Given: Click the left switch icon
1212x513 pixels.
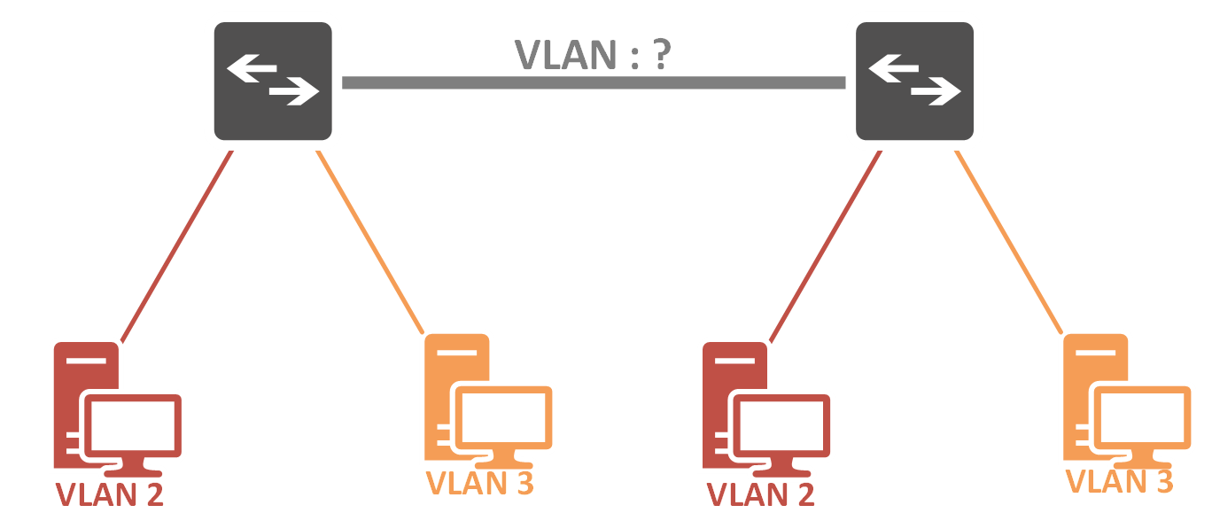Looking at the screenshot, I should [x=273, y=81].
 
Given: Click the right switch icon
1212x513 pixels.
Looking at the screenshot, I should [x=914, y=81].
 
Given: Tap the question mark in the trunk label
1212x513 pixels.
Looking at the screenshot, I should [x=660, y=55].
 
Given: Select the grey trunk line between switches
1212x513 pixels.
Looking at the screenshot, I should [x=594, y=82].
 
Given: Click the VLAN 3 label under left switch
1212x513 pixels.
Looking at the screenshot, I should [x=480, y=484].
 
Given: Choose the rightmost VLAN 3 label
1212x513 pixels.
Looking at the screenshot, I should [x=1119, y=482].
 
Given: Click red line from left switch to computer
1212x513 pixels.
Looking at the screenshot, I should [x=177, y=245].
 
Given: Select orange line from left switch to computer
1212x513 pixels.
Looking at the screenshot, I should [x=370, y=241].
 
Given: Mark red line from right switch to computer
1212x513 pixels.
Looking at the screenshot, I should [x=826, y=245].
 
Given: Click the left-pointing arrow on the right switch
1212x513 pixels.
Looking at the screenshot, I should [x=893, y=66].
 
